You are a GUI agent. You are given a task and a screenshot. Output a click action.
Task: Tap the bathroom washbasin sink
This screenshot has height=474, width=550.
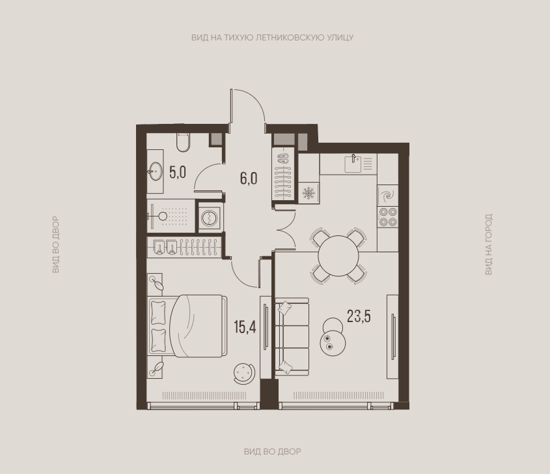154,171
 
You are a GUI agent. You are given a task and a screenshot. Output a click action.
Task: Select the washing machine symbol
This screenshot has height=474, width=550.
210,218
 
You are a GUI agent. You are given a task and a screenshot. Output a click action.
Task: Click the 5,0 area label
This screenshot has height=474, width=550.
178,173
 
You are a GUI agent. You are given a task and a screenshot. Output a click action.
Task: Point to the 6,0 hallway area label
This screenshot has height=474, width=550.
249,179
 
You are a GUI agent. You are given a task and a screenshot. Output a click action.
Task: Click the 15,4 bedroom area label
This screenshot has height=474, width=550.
245,327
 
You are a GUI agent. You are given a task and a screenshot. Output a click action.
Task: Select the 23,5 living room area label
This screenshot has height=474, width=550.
359,316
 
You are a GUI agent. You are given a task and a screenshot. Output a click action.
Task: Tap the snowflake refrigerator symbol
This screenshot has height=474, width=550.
309,193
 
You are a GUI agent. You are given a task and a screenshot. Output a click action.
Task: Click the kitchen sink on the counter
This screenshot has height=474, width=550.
353,164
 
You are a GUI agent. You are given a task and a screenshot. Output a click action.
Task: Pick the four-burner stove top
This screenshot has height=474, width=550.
387,217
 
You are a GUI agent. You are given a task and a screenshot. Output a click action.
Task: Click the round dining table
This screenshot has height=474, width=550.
338,256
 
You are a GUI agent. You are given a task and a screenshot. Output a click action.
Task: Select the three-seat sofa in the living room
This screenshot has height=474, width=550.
292,336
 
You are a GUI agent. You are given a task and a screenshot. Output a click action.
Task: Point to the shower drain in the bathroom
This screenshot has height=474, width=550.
163,216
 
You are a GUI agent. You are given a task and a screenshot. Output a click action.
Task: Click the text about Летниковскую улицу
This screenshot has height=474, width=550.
272,37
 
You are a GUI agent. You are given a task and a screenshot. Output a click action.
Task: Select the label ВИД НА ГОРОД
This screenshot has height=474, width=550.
489,244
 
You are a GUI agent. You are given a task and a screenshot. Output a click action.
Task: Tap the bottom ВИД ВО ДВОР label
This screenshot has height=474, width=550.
273,452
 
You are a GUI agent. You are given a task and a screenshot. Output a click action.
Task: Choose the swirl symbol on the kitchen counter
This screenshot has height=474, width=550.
387,196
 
